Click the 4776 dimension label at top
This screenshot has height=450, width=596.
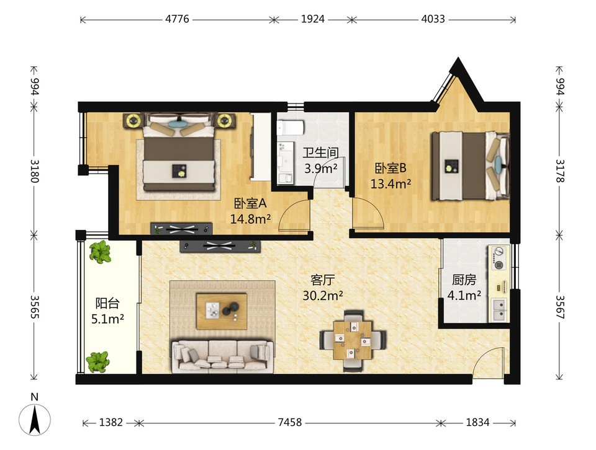click(177, 19)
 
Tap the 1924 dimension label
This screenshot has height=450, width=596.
click(313, 19)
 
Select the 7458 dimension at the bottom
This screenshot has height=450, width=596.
click(290, 422)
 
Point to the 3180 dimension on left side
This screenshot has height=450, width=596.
click(35, 170)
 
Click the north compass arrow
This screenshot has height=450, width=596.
click(35, 419)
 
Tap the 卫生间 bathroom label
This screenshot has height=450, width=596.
click(320, 153)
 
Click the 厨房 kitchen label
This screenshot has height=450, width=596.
click(464, 280)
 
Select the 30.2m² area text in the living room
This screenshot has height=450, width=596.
click(323, 295)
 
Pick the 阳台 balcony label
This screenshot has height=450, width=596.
click(107, 303)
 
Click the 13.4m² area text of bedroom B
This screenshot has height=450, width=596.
click(391, 184)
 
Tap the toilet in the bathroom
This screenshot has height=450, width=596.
click(290, 128)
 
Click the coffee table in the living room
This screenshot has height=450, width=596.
click(222, 311)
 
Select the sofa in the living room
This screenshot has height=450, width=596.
click(222, 356)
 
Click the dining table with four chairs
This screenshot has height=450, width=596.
click(353, 340)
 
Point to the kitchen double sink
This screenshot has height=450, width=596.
click(499, 310)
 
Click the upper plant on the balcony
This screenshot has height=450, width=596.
click(100, 252)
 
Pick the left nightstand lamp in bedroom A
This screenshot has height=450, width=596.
click(133, 121)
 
